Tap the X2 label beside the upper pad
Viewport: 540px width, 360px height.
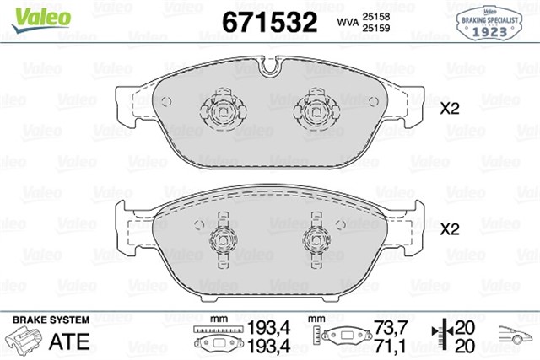pos(449,109)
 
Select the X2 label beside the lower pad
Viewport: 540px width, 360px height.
pos(449,228)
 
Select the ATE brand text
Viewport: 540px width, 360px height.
pos(70,341)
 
